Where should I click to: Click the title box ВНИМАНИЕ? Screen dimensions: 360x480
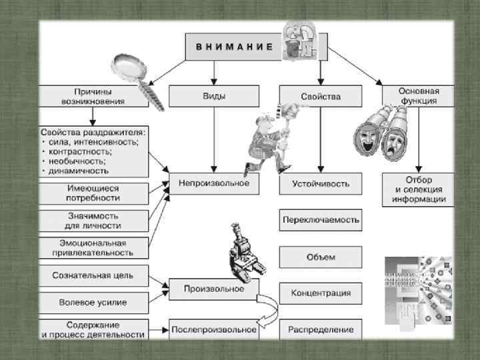coord(233,47)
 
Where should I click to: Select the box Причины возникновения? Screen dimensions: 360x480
coord(93,96)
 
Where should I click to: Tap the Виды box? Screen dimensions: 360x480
coord(213,96)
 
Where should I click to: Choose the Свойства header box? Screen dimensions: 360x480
coord(320,96)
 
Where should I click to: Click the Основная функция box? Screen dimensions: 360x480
coord(419,96)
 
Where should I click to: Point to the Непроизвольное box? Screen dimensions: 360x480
coord(213,183)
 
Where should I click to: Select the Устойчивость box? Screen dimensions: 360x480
coord(320,183)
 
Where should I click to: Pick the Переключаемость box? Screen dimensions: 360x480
coord(320,219)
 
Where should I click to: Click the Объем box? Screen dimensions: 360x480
coord(320,257)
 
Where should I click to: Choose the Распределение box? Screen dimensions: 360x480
coord(320,329)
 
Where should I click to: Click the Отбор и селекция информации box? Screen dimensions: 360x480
coord(418,189)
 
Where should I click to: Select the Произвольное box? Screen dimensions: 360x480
coord(213,289)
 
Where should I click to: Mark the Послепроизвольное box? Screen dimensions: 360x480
coord(213,329)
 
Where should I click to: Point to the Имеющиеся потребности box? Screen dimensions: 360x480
coord(93,193)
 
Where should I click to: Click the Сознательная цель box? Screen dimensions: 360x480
coord(93,275)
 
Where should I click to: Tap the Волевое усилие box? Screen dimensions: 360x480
coord(93,302)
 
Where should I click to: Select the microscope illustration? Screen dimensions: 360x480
coord(243,254)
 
